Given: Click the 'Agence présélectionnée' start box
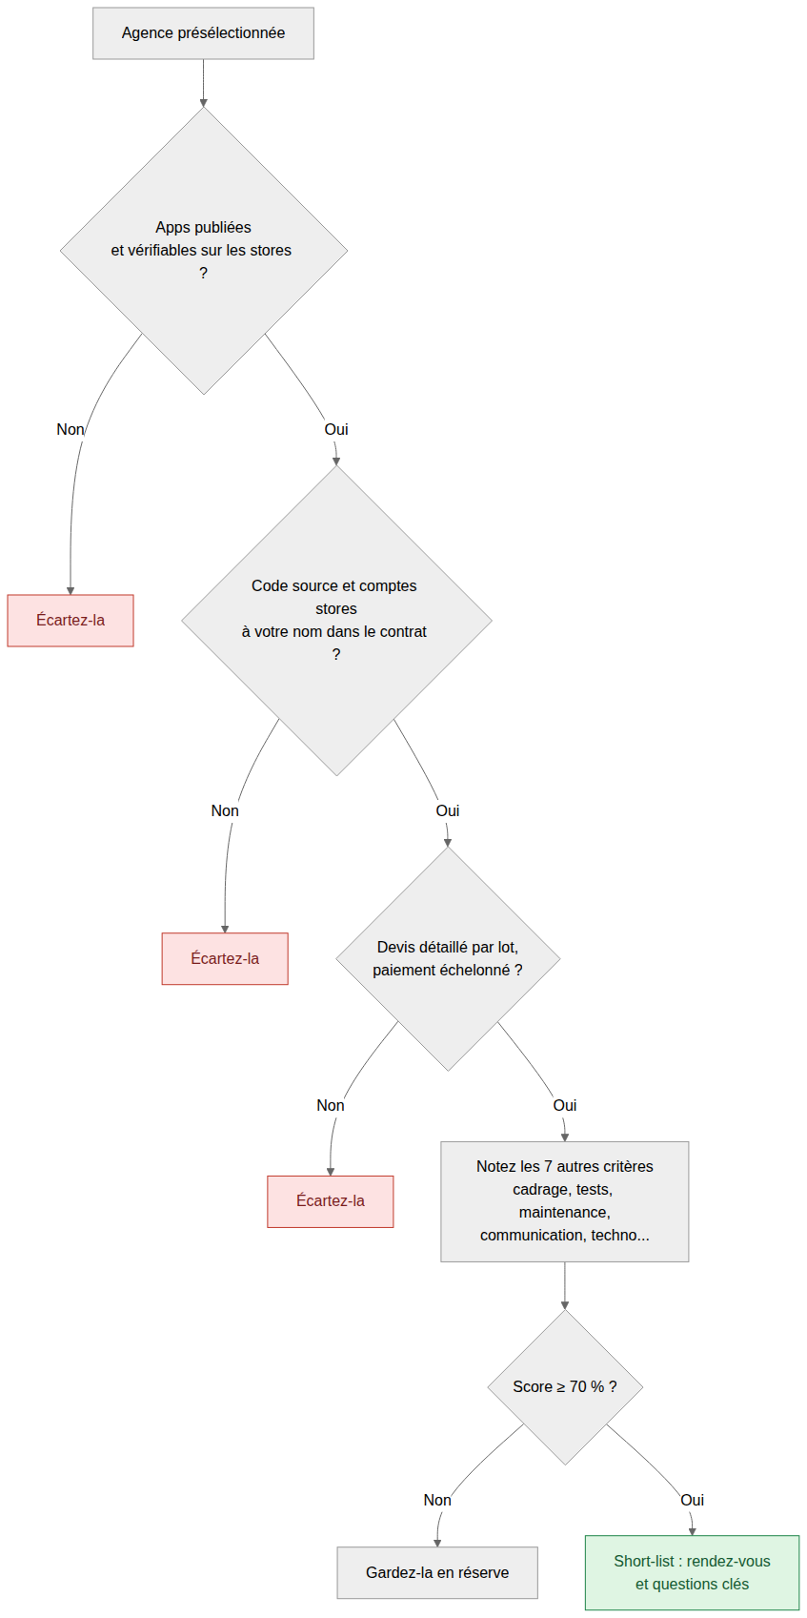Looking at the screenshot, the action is click(x=203, y=33).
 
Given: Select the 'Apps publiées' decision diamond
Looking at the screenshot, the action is click(x=204, y=251).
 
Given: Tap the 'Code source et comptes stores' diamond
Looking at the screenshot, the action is click(x=336, y=621).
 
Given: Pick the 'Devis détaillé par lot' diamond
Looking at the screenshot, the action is click(x=448, y=958).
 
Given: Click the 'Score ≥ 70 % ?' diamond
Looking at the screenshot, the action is click(x=564, y=1387).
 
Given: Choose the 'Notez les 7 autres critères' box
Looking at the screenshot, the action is click(x=564, y=1201).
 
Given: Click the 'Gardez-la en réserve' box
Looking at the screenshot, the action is click(x=437, y=1572).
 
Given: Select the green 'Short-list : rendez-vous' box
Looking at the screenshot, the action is click(x=693, y=1572).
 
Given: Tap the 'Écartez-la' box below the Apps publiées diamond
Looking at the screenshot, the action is click(x=71, y=621).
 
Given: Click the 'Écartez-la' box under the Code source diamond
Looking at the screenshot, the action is click(x=225, y=958).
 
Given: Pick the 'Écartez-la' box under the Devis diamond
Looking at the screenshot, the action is click(x=331, y=1201).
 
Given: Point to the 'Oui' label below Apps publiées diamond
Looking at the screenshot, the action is click(x=336, y=430).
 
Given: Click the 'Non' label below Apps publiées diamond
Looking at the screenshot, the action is click(x=71, y=430).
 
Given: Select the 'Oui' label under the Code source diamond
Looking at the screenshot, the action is click(x=448, y=811).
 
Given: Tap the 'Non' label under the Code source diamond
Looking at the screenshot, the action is click(x=225, y=811).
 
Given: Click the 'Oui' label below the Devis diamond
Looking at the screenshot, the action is click(x=564, y=1106).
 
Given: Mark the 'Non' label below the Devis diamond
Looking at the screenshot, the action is click(x=331, y=1106).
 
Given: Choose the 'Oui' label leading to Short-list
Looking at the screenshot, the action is click(x=693, y=1501).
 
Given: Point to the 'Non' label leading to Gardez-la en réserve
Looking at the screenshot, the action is click(x=437, y=1501).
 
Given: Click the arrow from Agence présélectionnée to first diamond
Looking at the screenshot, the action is click(x=204, y=83).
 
